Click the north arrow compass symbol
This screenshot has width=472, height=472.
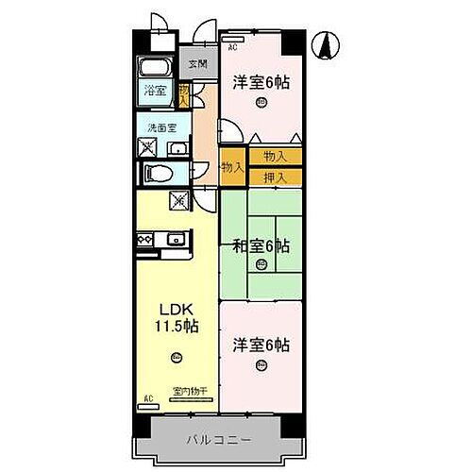pos(324,44)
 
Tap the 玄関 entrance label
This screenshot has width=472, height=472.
pos(196,64)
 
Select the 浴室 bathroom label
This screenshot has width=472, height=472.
pos(155,92)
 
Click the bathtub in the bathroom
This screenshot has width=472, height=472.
pos(154,69)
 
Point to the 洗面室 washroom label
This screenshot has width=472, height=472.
pos(158,127)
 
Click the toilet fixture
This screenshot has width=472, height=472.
pos(159,173)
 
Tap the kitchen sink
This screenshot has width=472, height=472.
pos(177,241)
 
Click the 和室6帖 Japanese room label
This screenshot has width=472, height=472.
pos(261,247)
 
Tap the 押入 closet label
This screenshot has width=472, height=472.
pos(276,176)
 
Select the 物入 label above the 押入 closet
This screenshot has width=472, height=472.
pos(276,156)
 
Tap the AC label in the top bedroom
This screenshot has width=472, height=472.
pos(231,44)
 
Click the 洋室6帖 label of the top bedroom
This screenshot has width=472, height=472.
pos(261,83)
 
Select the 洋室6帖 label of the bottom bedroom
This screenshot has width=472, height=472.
pos(261,346)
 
